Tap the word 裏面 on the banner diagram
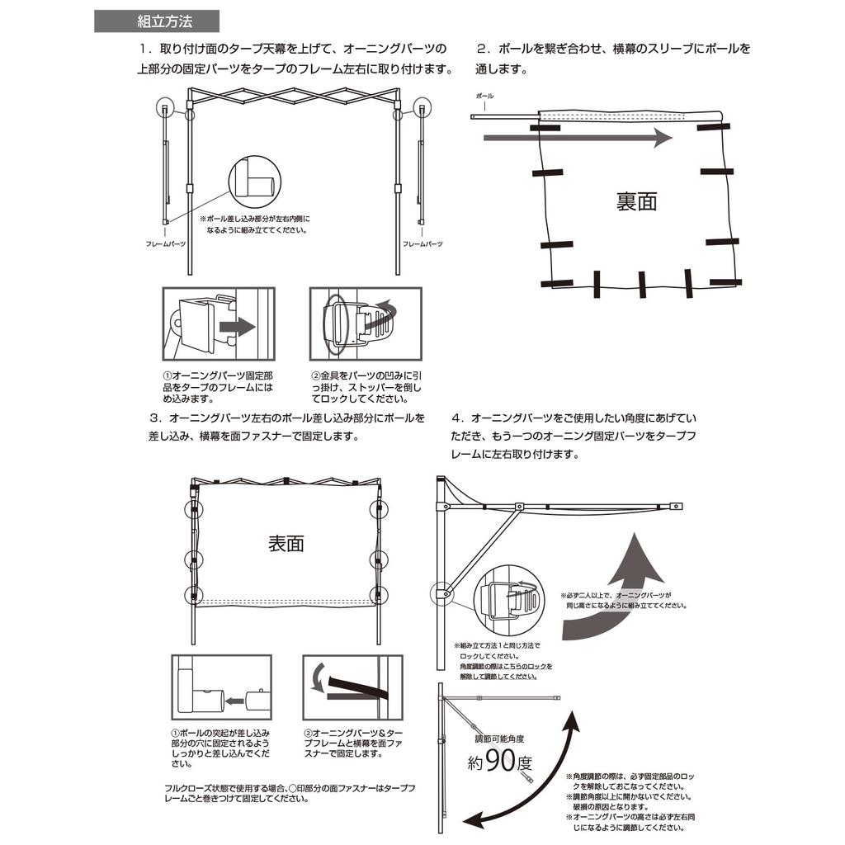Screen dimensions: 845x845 [636, 201]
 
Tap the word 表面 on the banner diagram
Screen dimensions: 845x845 [286, 544]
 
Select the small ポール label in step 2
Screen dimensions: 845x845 [485, 97]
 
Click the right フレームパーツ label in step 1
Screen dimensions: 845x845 [422, 244]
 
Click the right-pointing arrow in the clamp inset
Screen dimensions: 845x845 [238, 328]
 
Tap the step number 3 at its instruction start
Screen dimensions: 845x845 [153, 418]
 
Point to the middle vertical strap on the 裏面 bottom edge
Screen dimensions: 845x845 [641, 284]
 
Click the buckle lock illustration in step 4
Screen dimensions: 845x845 [509, 598]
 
